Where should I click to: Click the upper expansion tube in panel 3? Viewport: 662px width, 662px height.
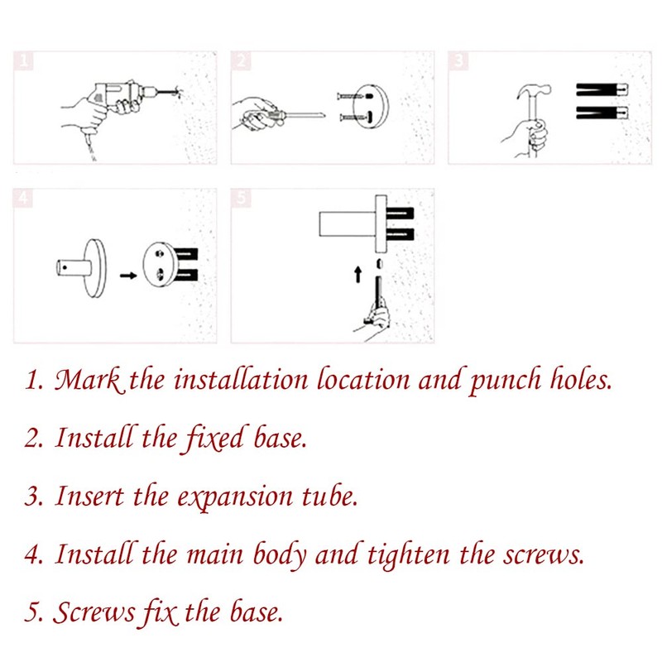602,89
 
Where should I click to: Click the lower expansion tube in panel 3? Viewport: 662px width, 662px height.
602,113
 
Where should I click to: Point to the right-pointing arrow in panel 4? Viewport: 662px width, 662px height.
128,276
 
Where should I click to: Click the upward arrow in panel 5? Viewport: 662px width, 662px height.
358,274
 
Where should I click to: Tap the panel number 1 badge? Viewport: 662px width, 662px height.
24,60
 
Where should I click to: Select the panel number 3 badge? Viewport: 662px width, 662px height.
458,60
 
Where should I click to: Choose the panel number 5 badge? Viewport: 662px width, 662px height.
241,198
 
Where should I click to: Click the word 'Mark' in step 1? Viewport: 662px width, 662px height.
89,379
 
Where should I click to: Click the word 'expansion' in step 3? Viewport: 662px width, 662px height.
235,497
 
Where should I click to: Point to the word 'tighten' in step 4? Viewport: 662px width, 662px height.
409,555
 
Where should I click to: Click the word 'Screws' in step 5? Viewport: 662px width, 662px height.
94,612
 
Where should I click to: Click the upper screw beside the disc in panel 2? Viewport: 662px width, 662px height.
350,97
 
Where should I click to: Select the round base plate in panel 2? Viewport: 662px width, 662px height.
371,106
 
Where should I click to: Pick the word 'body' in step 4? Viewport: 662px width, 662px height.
280,555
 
